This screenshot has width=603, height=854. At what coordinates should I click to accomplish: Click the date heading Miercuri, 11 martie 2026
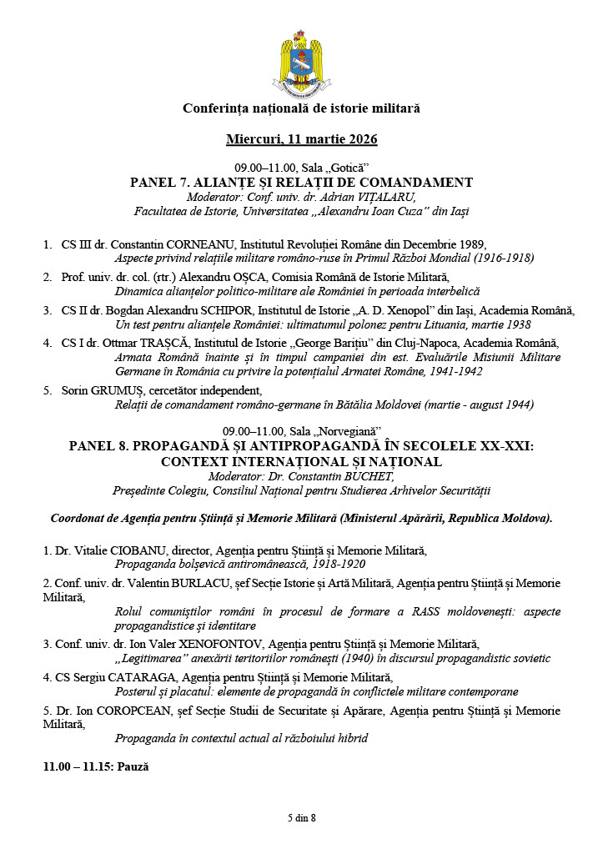pyautogui.click(x=301, y=138)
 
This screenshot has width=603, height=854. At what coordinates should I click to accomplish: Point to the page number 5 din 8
pyautogui.click(x=301, y=817)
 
